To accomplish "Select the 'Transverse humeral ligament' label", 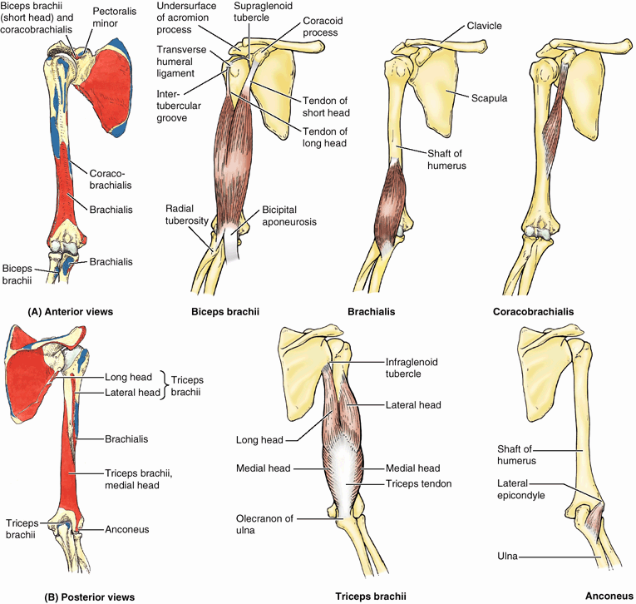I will tap(178, 61).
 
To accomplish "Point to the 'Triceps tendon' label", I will tap(415, 483).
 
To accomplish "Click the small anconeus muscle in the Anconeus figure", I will tap(594, 520).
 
